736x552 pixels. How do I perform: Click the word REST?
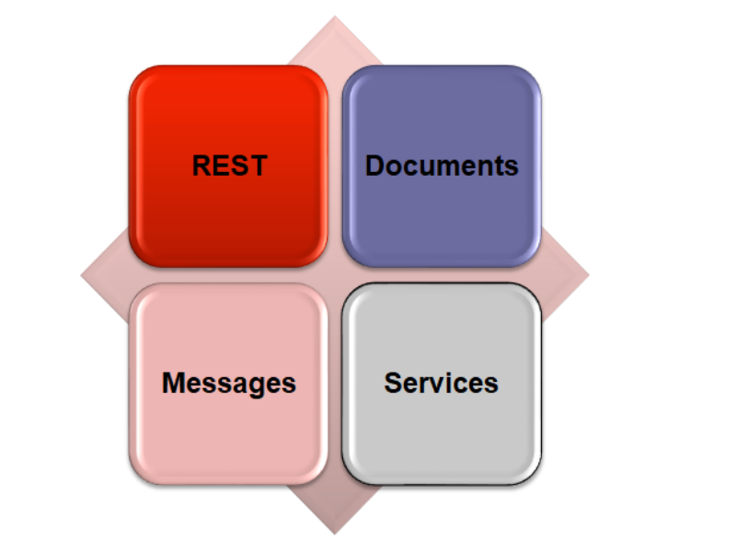tap(229, 166)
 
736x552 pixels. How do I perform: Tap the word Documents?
tap(442, 166)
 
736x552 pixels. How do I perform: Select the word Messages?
tap(229, 383)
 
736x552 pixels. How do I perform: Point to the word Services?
tap(442, 383)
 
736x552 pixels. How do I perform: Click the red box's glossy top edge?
tap(229, 72)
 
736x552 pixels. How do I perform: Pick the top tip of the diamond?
tap(334, 17)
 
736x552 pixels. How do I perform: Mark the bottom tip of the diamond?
tap(334, 533)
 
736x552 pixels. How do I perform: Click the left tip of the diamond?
tap(83, 274)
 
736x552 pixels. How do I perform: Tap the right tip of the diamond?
tap(587, 274)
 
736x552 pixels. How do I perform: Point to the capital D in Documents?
tap(374, 166)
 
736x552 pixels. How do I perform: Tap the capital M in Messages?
tap(173, 383)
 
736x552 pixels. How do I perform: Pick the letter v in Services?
tap(442, 383)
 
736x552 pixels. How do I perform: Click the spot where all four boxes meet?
tap(335, 275)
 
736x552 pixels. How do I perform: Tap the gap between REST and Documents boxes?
tap(335, 166)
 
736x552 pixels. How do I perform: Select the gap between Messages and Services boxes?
tap(335, 383)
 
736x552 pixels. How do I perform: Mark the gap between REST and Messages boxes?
tap(229, 275)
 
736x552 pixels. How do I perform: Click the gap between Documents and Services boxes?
tap(442, 275)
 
